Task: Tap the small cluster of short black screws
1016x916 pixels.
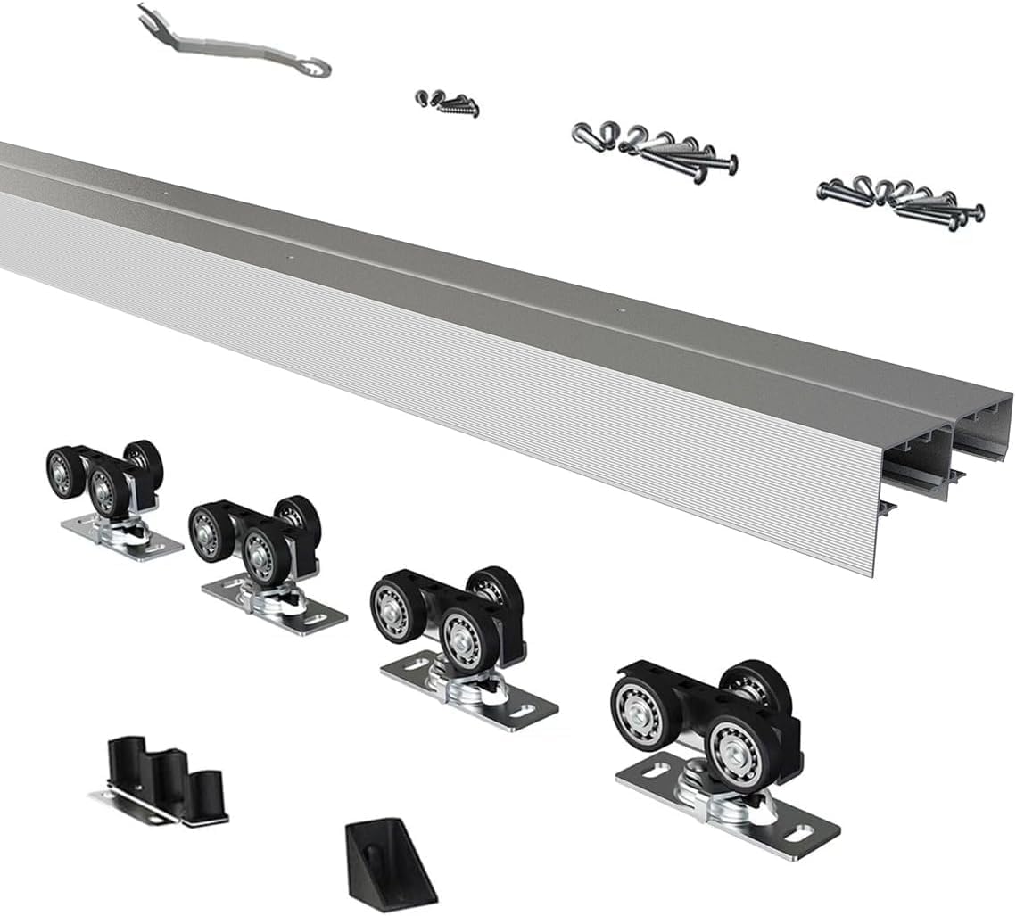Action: click(446, 103)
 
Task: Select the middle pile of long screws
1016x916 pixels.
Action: click(655, 149)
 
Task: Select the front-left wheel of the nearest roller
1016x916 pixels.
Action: click(643, 713)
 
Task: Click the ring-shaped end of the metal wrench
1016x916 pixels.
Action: click(313, 65)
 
